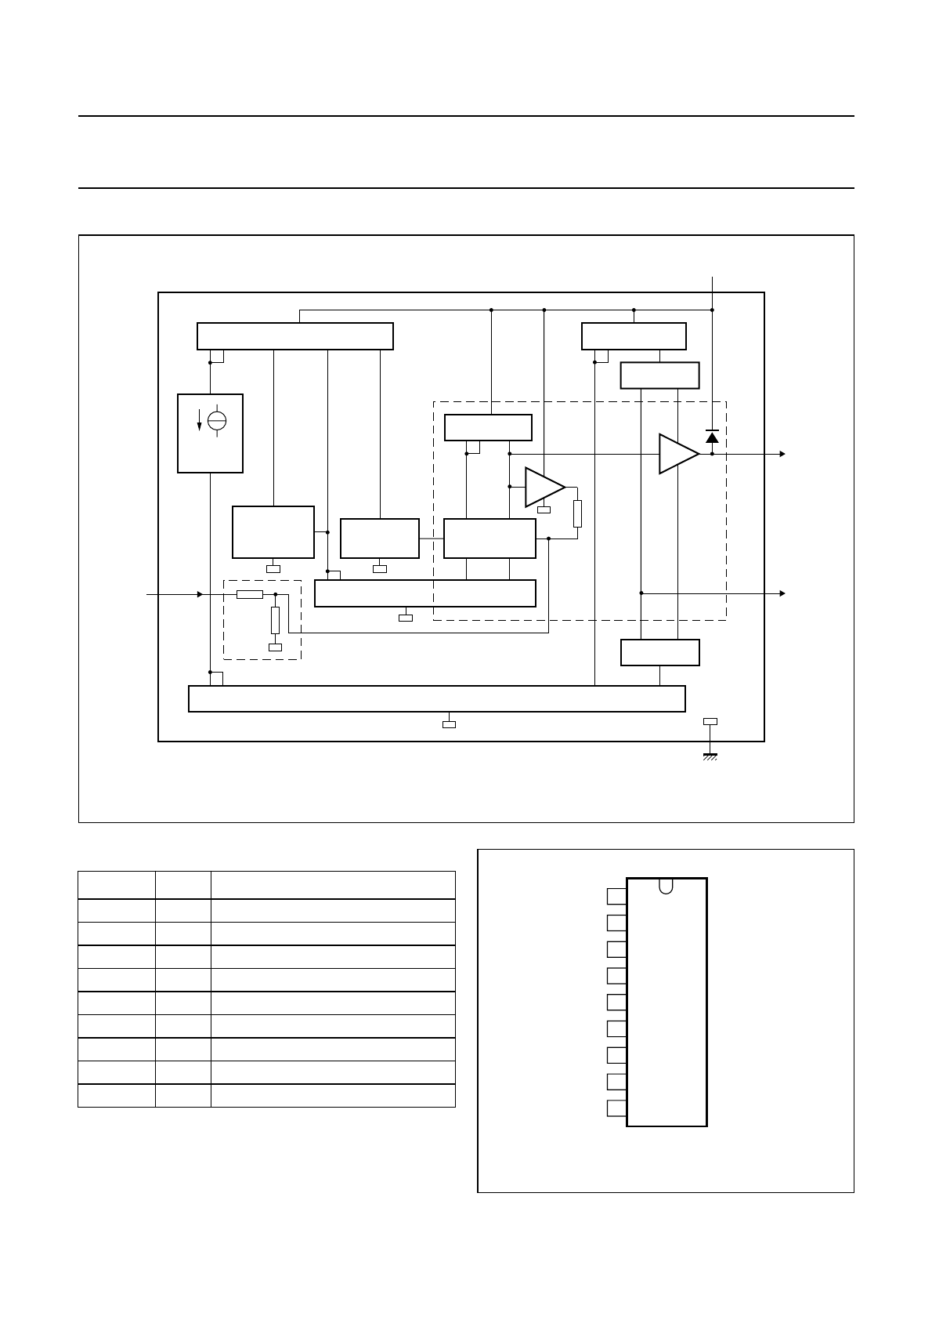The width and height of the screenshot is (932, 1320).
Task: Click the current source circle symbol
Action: [x=217, y=420]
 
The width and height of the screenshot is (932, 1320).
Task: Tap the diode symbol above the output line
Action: [x=712, y=436]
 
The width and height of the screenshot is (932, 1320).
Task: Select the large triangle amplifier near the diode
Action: [x=677, y=454]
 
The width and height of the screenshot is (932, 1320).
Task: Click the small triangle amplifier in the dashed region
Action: [x=543, y=487]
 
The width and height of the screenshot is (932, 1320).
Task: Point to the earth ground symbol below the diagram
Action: [x=710, y=756]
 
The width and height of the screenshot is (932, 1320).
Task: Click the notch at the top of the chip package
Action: [x=666, y=886]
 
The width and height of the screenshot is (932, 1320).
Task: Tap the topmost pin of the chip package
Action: [x=616, y=896]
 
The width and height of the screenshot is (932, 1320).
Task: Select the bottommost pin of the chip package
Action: [x=616, y=1108]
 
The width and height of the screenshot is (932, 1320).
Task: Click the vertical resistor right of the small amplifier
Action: [x=577, y=513]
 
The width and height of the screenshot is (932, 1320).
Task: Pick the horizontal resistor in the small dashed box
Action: [x=249, y=594]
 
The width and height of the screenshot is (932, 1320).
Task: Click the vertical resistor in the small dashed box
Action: [x=275, y=620]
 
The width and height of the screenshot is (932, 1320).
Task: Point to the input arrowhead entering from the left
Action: [x=200, y=594]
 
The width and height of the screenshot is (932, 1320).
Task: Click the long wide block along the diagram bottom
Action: [x=437, y=698]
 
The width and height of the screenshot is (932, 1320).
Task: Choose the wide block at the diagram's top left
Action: [x=294, y=336]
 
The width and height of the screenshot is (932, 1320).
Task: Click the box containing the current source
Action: [x=210, y=433]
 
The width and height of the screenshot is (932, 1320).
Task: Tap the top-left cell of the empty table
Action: [x=116, y=884]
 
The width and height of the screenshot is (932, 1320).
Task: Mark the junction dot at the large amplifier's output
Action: [x=712, y=454]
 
